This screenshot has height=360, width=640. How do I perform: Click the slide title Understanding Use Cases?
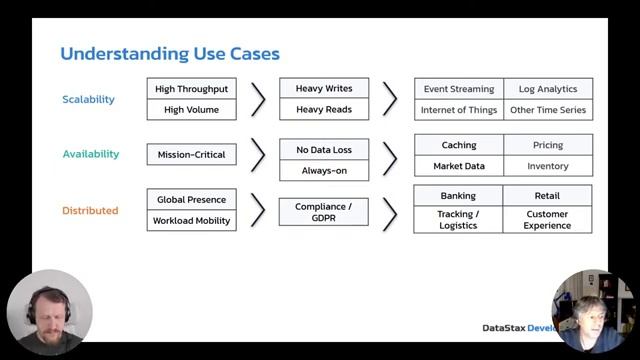pos(170,53)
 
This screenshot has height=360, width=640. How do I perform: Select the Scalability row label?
pos(89,100)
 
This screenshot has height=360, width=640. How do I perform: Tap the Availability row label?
pos(91,155)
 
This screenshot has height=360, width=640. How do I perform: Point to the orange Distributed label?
pos(90,211)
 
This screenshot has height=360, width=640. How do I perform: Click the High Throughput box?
pos(192,89)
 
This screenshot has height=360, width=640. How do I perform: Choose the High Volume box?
pos(192,110)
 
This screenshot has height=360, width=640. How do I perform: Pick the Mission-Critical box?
pos(192,155)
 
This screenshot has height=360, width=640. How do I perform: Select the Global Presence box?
pos(192,199)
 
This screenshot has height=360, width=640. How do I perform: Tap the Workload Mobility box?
pos(192,220)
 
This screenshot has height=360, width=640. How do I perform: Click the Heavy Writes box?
pos(323,89)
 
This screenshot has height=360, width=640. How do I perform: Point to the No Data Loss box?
pos(323,150)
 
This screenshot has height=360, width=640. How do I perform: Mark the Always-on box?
pos(323,171)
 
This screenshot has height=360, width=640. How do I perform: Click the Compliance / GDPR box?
pos(323,211)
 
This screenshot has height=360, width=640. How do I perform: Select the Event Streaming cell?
pos(458,89)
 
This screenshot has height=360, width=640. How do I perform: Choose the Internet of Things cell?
pos(458,110)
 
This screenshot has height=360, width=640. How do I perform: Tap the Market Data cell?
pos(458,166)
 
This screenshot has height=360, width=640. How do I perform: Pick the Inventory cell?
pos(547,166)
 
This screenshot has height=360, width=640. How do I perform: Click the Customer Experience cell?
pos(547,220)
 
